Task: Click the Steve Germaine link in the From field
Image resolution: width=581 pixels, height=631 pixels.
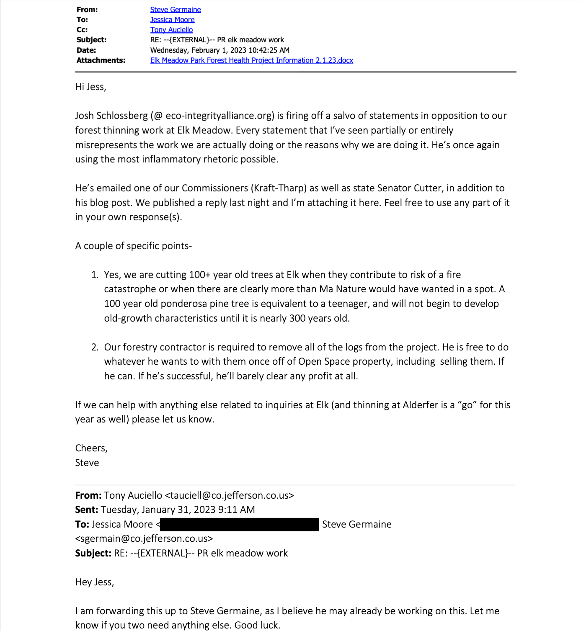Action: point(175,10)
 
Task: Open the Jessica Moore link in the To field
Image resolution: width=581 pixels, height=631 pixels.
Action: point(172,20)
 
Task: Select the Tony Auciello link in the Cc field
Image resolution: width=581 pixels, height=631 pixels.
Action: point(171,30)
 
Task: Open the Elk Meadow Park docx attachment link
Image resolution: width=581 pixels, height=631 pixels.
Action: point(251,60)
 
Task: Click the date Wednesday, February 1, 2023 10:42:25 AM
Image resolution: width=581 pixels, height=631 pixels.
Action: point(219,50)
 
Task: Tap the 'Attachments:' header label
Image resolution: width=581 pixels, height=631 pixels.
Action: point(101,60)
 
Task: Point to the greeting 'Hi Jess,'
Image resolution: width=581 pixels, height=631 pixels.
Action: point(90,87)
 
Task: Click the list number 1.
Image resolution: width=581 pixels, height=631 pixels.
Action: point(94,275)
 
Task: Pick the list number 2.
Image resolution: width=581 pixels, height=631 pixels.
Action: point(94,347)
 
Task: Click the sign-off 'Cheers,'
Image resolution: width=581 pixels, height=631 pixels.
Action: point(91,448)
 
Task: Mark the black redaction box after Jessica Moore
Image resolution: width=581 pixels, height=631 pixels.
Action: point(239,524)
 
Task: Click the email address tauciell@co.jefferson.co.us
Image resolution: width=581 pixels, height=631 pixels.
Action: point(229,495)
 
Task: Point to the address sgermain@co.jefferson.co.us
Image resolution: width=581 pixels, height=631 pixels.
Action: point(144,538)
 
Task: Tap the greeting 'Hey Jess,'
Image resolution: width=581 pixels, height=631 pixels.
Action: point(94,582)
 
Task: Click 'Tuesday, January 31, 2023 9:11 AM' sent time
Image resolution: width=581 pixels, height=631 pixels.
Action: point(178,510)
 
